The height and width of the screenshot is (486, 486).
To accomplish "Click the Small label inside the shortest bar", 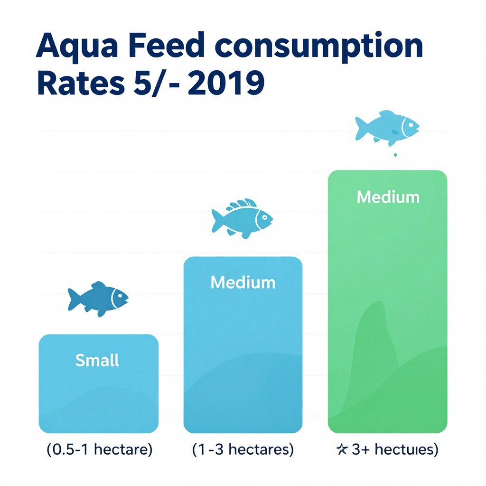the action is pyautogui.click(x=97, y=360).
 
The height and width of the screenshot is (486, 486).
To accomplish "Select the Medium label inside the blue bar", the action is pyautogui.click(x=243, y=282).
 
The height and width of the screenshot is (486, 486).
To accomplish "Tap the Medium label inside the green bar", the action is pyautogui.click(x=388, y=196).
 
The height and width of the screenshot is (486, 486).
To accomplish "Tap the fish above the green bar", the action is pyautogui.click(x=387, y=127).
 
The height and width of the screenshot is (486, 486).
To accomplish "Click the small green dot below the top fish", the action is pyautogui.click(x=395, y=154).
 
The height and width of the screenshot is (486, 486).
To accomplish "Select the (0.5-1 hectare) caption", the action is pyautogui.click(x=100, y=449).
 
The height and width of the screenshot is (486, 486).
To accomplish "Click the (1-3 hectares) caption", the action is pyautogui.click(x=243, y=449).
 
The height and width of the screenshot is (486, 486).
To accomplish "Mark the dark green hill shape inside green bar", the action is pyautogui.click(x=375, y=346).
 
